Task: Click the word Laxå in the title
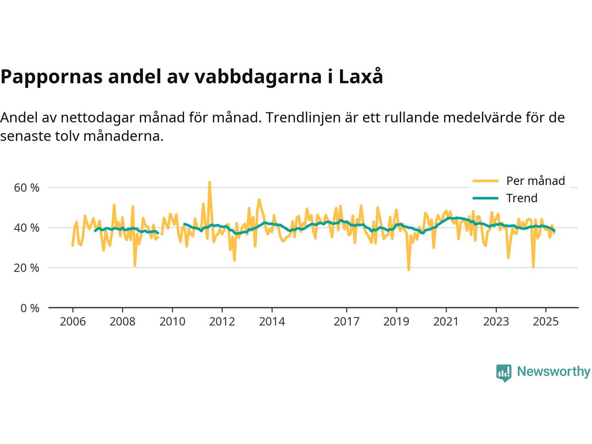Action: click(x=361, y=77)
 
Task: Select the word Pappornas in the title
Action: click(x=51, y=77)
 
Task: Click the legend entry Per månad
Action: click(x=536, y=181)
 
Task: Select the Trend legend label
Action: click(x=522, y=198)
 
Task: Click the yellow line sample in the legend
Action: click(x=485, y=181)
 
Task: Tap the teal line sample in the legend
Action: click(x=485, y=198)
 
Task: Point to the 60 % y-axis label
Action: click(x=27, y=188)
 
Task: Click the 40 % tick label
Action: click(x=27, y=228)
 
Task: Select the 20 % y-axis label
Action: click(x=27, y=268)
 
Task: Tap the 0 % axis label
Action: click(x=30, y=308)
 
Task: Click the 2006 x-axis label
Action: click(x=73, y=321)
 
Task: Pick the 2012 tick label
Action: click(x=222, y=321)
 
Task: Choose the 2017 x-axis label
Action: click(x=346, y=321)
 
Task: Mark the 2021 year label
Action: click(x=446, y=321)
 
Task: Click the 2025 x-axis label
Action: click(x=546, y=321)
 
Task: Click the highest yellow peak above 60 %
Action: click(x=209, y=182)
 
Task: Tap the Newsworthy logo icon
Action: click(x=504, y=372)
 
